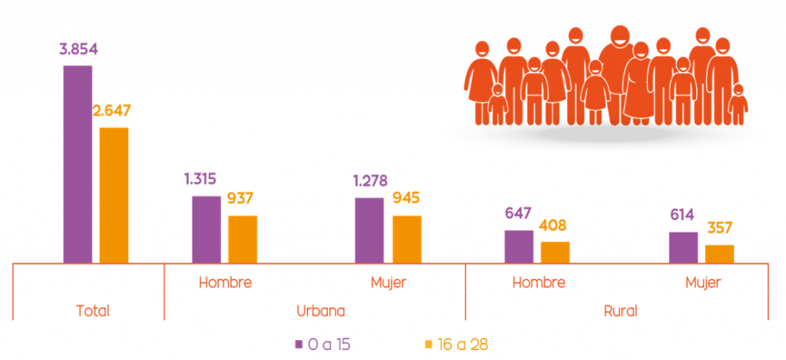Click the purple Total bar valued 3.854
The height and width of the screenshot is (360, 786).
pyautogui.click(x=78, y=164)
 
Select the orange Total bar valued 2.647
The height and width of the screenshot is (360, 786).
pyautogui.click(x=114, y=195)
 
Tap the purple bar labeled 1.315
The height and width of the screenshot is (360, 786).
pyautogui.click(x=206, y=230)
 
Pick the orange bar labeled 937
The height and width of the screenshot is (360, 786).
pyautogui.click(x=243, y=239)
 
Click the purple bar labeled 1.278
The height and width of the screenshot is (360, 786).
pyautogui.click(x=369, y=230)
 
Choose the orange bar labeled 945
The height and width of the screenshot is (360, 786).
pyautogui.click(x=407, y=239)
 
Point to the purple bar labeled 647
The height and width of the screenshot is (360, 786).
pyautogui.click(x=519, y=246)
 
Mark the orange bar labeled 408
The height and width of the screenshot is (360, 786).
pyautogui.click(x=555, y=253)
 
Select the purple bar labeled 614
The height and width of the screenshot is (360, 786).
pyautogui.click(x=683, y=247)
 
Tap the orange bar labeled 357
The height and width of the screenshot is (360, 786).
pyautogui.click(x=719, y=254)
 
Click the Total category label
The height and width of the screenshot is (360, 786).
pyautogui.click(x=93, y=312)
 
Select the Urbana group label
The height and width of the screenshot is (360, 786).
pyautogui.click(x=320, y=312)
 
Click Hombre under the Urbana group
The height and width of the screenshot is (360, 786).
pyautogui.click(x=225, y=282)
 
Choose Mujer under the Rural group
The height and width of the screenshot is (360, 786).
pyautogui.click(x=703, y=282)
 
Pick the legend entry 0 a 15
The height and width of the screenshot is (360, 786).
pyautogui.click(x=322, y=345)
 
